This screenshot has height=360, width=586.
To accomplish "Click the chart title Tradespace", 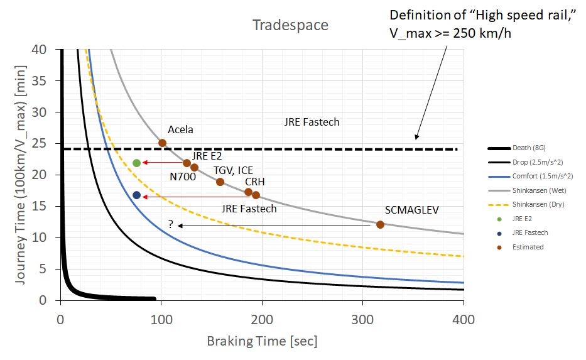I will (290, 25).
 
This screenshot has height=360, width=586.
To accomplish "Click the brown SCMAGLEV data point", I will (380, 224).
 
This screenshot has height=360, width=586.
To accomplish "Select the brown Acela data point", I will (162, 143).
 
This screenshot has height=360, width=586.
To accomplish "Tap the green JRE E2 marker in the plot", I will (137, 163).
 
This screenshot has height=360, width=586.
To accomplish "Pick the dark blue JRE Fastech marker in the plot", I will (137, 195).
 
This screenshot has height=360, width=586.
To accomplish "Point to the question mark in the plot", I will (170, 224).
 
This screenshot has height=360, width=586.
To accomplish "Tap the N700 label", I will (183, 177).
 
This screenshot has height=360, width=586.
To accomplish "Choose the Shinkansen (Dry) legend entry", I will (533, 204).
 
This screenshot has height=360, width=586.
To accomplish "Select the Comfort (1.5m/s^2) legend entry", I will (538, 176).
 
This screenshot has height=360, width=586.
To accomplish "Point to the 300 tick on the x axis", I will (362, 319).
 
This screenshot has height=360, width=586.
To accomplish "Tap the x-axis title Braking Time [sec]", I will (262, 341).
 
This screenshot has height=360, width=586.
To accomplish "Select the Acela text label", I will (180, 129).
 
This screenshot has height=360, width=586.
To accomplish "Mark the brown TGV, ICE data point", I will (220, 182).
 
